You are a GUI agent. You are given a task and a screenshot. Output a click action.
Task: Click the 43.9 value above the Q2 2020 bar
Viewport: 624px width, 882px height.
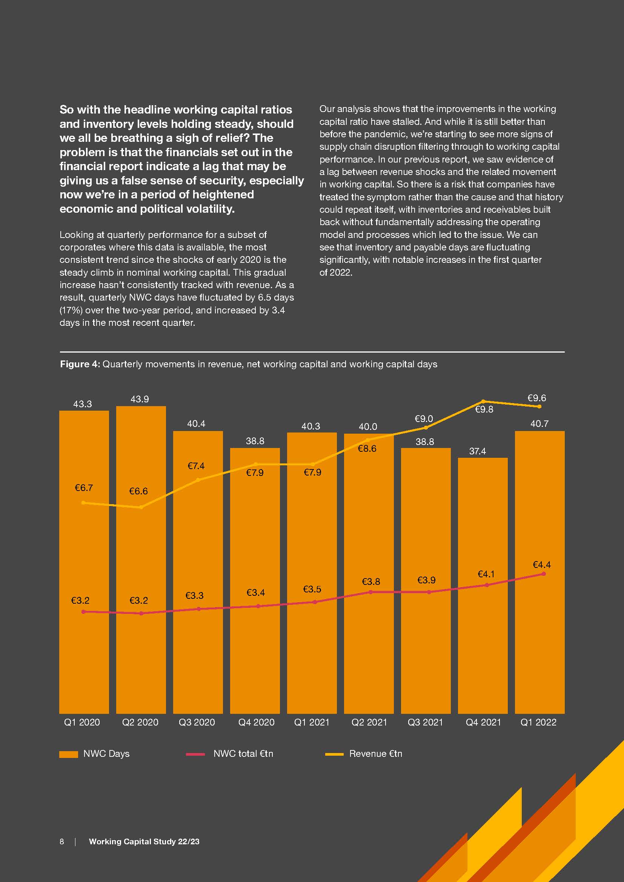click(140, 399)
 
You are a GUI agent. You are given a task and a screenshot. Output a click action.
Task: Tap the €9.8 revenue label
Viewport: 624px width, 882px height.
click(484, 410)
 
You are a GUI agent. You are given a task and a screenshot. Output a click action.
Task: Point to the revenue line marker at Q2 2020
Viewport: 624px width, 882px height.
click(141, 508)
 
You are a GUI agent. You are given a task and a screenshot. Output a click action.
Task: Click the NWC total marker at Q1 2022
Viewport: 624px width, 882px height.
click(543, 574)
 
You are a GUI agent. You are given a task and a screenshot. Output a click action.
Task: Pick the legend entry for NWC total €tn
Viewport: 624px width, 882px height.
click(243, 754)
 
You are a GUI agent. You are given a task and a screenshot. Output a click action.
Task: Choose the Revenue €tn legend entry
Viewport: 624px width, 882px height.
click(375, 754)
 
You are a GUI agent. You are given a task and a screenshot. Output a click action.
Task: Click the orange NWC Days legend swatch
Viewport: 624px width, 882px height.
click(68, 754)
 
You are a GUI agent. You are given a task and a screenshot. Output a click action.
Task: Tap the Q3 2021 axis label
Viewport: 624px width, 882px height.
click(425, 722)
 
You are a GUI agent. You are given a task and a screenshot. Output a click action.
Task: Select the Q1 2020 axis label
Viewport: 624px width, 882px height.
click(82, 722)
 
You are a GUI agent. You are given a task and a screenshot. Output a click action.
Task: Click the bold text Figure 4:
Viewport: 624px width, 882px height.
click(80, 364)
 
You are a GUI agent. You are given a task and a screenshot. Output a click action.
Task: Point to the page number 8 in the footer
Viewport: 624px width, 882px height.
click(62, 842)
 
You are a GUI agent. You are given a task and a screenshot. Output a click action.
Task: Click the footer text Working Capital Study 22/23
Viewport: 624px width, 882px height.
click(144, 842)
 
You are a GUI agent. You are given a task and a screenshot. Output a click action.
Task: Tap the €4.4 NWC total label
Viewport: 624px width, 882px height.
click(541, 565)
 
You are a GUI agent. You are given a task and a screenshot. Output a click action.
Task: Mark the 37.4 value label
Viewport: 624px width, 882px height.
click(477, 451)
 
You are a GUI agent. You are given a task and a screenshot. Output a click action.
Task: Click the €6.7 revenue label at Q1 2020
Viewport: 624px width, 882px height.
click(83, 488)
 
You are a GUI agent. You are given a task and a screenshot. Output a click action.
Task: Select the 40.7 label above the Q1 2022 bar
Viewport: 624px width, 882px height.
click(539, 424)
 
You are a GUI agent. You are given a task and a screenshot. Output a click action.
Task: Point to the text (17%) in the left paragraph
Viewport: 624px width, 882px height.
click(71, 310)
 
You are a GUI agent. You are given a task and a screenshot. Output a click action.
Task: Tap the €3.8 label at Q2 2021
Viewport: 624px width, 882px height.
click(371, 581)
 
